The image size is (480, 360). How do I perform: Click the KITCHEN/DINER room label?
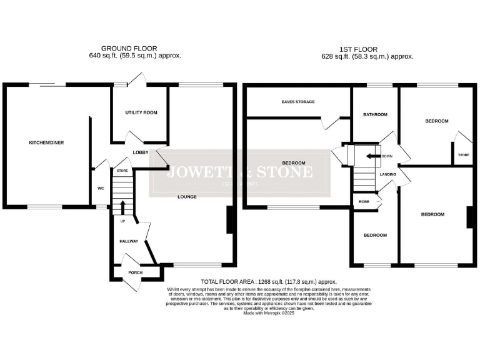(x=46, y=142)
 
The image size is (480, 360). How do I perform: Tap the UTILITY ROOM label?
(x=141, y=112)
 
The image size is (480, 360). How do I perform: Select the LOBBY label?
(x=140, y=152)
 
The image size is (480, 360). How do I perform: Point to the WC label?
(x=101, y=187)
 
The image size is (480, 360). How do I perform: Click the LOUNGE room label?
(x=187, y=196)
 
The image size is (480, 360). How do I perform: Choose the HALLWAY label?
(x=128, y=240)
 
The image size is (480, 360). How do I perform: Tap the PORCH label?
(x=135, y=272)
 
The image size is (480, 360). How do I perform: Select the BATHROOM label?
(x=375, y=114)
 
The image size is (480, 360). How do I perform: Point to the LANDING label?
(x=388, y=174)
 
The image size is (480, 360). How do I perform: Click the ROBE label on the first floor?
(x=363, y=201)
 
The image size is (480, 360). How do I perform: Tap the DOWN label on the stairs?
(x=387, y=156)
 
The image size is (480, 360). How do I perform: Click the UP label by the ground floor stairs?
(x=122, y=221)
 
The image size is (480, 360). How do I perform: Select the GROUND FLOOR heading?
(x=129, y=47)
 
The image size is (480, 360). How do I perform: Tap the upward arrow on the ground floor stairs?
(x=122, y=207)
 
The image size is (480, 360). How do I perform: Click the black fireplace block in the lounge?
(x=230, y=220)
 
